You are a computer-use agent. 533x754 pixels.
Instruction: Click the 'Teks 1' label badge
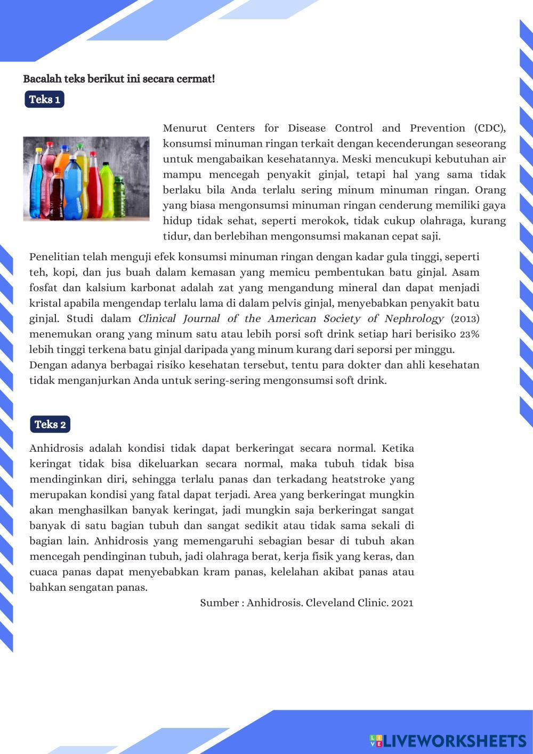click(44, 100)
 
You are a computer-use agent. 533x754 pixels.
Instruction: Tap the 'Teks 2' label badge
click(50, 424)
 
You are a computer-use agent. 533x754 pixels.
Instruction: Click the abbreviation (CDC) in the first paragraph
click(489, 128)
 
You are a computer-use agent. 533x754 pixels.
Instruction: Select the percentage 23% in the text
click(469, 334)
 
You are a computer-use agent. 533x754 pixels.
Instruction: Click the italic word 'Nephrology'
click(414, 319)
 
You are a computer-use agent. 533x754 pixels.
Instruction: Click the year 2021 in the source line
click(402, 603)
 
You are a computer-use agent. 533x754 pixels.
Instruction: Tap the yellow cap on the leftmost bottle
click(39, 151)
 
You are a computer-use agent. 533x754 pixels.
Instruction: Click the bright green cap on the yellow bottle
click(80, 145)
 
